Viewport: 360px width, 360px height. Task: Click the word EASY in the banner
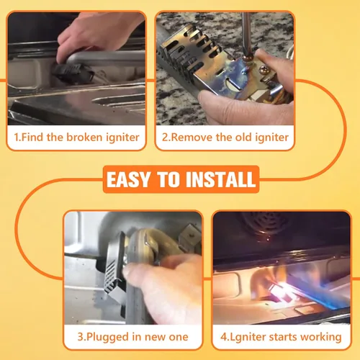(128, 179)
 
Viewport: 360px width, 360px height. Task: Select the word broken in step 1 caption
(84, 138)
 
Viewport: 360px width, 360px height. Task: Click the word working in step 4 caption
(321, 338)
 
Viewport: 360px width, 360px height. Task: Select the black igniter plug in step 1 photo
(73, 73)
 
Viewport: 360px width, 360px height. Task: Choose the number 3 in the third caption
(80, 337)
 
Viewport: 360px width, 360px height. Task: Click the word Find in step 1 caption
(32, 138)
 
